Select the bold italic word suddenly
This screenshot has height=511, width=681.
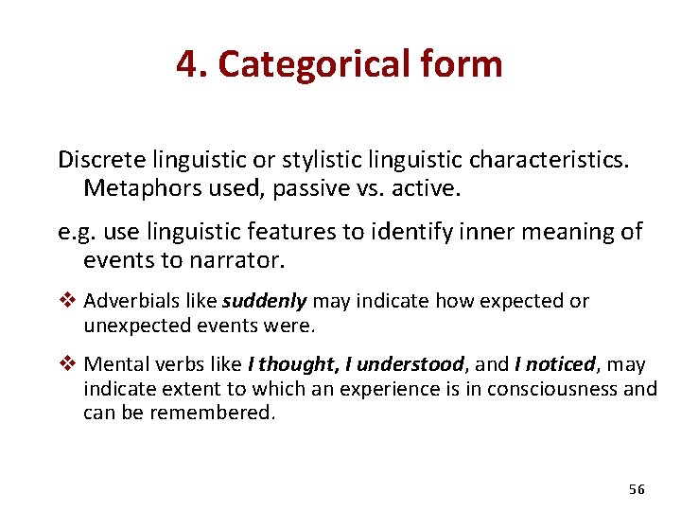(x=265, y=302)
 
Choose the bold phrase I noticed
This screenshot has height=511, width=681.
(x=554, y=364)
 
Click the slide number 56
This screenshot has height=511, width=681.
(x=636, y=489)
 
